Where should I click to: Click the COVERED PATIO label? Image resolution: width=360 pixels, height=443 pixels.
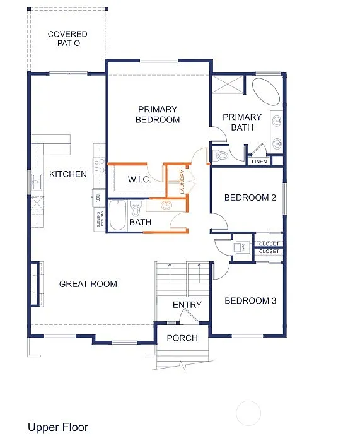pos(67,38)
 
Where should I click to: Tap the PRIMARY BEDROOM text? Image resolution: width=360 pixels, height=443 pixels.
pos(158,114)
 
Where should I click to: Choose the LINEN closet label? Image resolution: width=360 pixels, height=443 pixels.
pos(259,162)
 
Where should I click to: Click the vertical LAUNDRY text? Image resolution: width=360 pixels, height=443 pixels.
pos(182,182)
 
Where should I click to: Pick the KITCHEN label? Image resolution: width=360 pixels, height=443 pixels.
pos(68,174)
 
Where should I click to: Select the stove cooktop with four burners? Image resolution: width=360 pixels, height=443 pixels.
pos(99,165)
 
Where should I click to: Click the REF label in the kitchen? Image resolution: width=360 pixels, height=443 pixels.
pos(98,198)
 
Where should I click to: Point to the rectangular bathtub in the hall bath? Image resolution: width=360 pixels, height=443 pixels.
pos(117,215)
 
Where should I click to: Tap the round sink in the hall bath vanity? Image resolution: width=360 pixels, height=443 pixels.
pos(166,205)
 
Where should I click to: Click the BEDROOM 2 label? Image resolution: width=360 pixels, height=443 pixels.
pos(250,198)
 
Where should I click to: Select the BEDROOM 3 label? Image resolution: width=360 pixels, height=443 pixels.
pos(250,300)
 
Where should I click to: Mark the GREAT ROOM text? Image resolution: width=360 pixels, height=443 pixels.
pos(88,284)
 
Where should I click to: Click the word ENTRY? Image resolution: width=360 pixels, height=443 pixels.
pos(187,305)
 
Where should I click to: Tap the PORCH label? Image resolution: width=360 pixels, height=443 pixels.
pos(182,338)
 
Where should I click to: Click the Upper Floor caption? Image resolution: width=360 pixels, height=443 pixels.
pos(58,427)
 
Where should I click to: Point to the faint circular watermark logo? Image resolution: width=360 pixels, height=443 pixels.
pos(248,413)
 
